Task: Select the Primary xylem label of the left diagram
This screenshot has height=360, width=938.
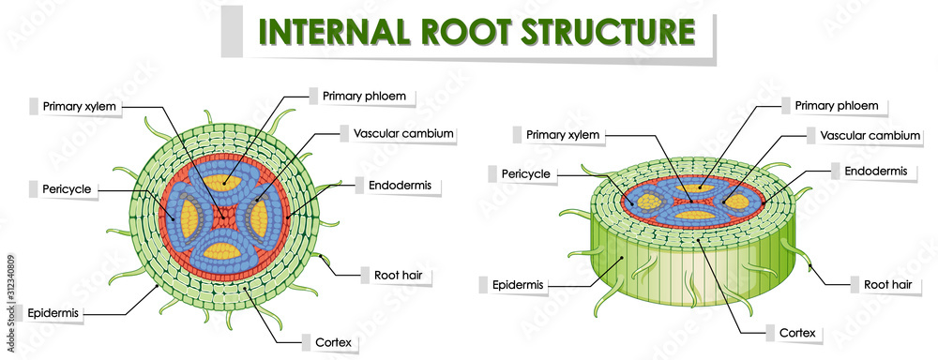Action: coord(80,106)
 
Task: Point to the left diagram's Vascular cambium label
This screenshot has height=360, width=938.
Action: coord(403,133)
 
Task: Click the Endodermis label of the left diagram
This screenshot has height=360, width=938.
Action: coord(401,185)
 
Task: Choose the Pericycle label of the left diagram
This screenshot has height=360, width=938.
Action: coord(67,189)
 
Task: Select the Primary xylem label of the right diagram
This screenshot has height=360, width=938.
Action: coord(562,135)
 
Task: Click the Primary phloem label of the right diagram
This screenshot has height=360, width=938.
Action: coord(836,106)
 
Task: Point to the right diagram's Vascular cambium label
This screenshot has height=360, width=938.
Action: coord(870,136)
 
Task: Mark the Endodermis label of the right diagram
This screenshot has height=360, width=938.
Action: coord(876,171)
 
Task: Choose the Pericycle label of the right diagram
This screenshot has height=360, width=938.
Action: coord(525,173)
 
